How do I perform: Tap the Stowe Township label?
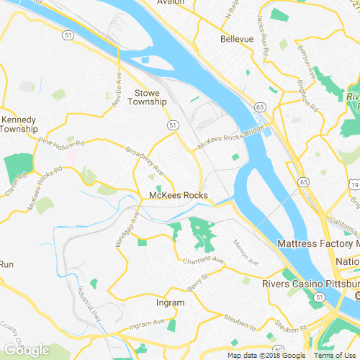coord(151,98)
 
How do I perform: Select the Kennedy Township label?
coord(19,124)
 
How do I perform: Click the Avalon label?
coord(171,2)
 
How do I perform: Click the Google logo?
coord(27,350)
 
